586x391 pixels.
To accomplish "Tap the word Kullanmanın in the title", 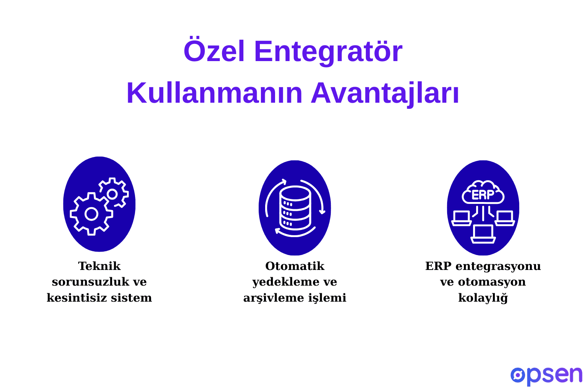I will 214,93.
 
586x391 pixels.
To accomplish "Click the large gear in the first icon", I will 91,214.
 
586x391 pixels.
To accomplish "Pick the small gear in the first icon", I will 113,194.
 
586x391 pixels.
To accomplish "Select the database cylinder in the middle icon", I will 295,208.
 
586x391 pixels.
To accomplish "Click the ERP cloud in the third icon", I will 483,193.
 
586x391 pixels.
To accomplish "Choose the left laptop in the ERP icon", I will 462,218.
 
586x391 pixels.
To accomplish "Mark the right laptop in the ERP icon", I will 505,218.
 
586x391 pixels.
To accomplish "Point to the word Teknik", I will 99,266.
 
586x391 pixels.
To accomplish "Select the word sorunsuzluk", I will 92,282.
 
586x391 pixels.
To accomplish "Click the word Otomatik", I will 295,266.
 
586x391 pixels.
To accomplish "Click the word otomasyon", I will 492,282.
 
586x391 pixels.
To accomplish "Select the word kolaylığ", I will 483,298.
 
